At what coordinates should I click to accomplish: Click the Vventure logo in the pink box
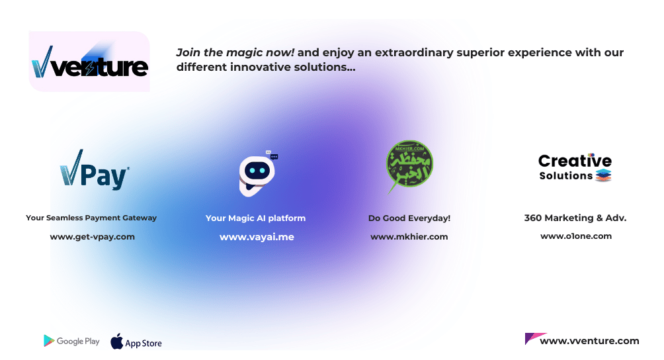(89, 62)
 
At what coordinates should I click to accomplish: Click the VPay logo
(95, 169)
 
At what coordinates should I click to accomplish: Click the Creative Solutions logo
(575, 167)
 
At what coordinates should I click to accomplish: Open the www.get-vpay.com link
(93, 237)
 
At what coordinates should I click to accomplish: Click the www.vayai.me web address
(257, 237)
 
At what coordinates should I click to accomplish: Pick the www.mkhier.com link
(409, 237)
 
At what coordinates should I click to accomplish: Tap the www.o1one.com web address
(576, 236)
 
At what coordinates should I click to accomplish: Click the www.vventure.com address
(589, 341)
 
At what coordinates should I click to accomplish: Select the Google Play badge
(71, 341)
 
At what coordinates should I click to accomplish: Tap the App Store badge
(136, 341)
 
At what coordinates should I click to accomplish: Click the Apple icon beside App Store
(117, 341)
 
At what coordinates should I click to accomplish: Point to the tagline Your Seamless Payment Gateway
(91, 218)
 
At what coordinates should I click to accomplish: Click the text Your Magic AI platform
(255, 218)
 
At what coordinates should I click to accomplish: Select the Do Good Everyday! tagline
(409, 218)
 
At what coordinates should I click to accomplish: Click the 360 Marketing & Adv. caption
(575, 218)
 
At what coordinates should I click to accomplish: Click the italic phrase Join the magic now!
(235, 52)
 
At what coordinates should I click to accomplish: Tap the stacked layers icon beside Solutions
(603, 175)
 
